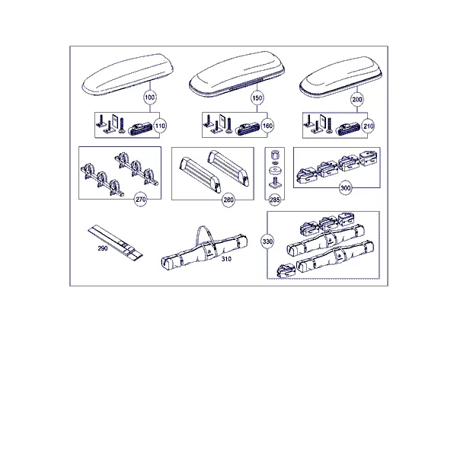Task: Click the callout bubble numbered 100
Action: tap(150, 97)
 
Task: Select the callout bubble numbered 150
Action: tap(257, 98)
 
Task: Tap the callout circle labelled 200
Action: tap(357, 100)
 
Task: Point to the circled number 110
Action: tap(160, 126)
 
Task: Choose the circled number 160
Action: tap(267, 126)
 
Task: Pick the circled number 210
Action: tap(368, 126)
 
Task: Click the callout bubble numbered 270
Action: tap(140, 200)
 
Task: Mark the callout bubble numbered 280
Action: tap(228, 200)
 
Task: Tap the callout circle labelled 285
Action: tap(274, 200)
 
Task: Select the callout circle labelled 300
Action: tap(345, 188)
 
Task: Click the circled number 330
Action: tap(267, 241)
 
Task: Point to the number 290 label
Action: tap(103, 248)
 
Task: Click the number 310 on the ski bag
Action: tap(226, 259)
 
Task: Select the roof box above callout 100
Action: tap(128, 75)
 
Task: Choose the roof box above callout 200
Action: tap(340, 76)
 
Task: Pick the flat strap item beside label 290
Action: tap(116, 242)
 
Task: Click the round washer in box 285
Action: tap(274, 170)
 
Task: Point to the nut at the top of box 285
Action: tap(274, 154)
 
